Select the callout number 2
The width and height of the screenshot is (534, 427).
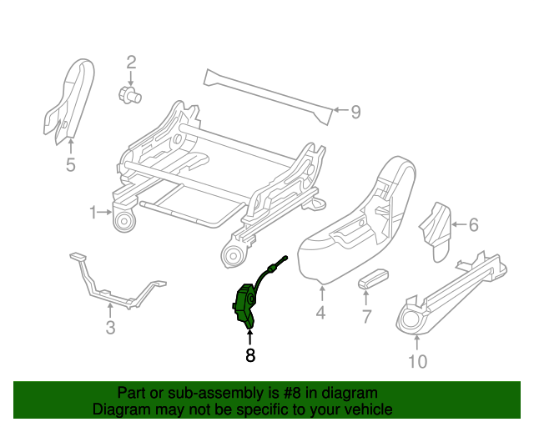coord(131,61)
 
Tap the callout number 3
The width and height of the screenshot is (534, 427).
coord(110,328)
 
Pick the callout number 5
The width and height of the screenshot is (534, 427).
coord(70,165)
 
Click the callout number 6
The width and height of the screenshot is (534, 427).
coord(473,224)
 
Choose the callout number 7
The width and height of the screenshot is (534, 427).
coord(366,316)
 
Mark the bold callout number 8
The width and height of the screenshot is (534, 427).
coord(249,355)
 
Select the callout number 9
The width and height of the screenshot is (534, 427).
coord(355,112)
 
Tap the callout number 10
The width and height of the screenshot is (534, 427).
coord(417,361)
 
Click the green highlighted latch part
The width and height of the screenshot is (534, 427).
coord(246,304)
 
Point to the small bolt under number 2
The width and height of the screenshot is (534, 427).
coord(129,95)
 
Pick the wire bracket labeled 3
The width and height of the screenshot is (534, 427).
coord(113,284)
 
